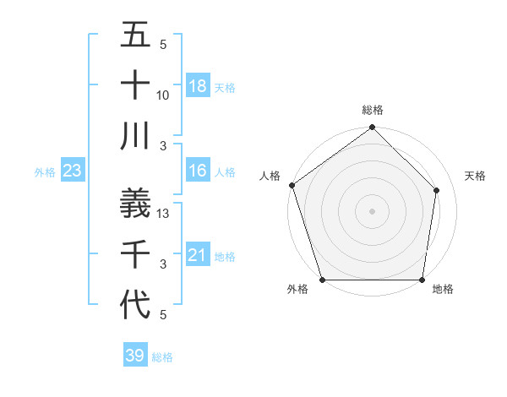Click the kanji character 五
(x=135, y=37)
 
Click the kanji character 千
(x=135, y=253)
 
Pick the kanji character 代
(x=135, y=302)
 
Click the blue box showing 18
(x=197, y=86)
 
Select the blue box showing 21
(x=197, y=255)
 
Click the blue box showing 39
(x=134, y=356)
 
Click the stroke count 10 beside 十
(x=163, y=95)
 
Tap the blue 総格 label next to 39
(x=162, y=357)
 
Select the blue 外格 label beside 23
(x=45, y=172)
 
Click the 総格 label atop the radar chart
(x=373, y=110)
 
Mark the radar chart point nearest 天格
(x=437, y=190)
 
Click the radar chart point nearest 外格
(x=322, y=280)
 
